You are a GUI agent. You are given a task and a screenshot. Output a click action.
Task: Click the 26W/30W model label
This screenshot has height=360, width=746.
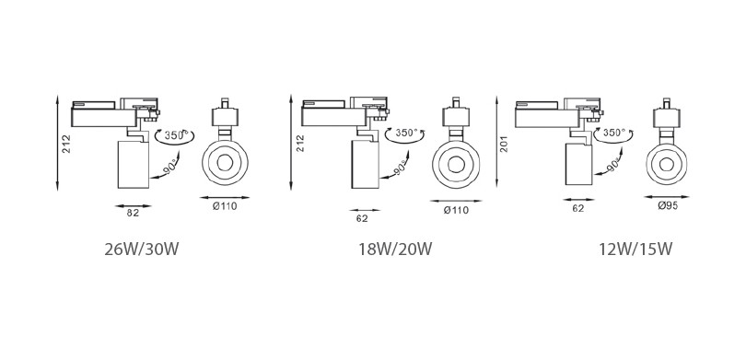pos(141,250)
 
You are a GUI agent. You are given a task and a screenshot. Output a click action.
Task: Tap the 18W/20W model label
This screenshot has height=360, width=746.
pos(395,250)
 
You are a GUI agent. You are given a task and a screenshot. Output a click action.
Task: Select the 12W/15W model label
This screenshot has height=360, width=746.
pos(635,250)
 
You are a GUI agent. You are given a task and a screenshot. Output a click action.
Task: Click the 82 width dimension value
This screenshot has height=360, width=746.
pos(133,214)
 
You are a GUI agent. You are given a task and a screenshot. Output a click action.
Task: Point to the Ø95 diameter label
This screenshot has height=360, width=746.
pos(668,206)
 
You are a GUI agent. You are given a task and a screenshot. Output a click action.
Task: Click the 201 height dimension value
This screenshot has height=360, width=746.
pos(504,145)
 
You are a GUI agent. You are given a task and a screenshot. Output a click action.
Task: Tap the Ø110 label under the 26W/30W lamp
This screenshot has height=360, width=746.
pos(225,206)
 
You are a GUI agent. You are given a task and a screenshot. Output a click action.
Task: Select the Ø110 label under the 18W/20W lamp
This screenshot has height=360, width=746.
pos(456,210)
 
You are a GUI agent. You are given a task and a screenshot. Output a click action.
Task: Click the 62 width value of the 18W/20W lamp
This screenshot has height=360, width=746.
pos(362,219)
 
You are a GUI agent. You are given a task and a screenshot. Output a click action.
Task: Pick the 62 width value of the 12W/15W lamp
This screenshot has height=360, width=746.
pos(578,208)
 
